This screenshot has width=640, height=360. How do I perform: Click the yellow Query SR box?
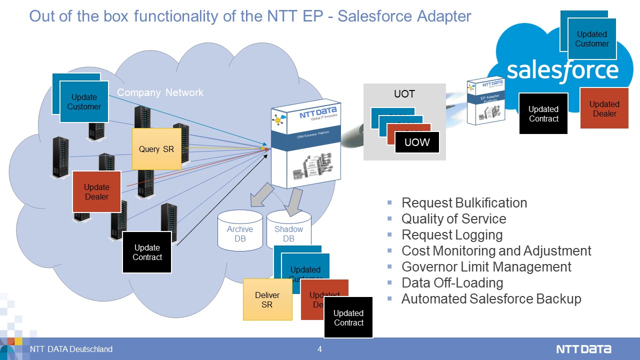click(156, 148)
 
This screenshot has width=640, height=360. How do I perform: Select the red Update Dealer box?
click(96, 192)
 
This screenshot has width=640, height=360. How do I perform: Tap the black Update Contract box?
click(147, 252)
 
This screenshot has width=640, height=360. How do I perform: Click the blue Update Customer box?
click(84, 102)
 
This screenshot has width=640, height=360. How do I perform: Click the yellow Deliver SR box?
click(267, 299)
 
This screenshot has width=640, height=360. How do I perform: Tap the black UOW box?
click(417, 142)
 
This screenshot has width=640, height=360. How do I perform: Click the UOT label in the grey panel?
click(404, 94)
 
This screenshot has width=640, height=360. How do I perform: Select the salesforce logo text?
click(562, 71)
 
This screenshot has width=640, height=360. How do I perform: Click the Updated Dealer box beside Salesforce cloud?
click(604, 108)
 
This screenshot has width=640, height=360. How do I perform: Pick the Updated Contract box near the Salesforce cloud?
click(543, 113)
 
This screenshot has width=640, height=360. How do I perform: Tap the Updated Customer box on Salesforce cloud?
click(591, 39)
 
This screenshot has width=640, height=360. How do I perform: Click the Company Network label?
click(160, 92)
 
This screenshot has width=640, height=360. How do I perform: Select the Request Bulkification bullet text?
click(464, 203)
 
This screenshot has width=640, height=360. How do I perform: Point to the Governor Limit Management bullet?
click(486, 267)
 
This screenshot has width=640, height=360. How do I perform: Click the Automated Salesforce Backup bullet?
click(491, 299)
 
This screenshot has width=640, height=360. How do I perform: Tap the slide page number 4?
click(319, 349)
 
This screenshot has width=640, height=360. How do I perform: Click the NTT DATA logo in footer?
click(583, 349)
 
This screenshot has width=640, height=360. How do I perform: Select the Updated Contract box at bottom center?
click(348, 317)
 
